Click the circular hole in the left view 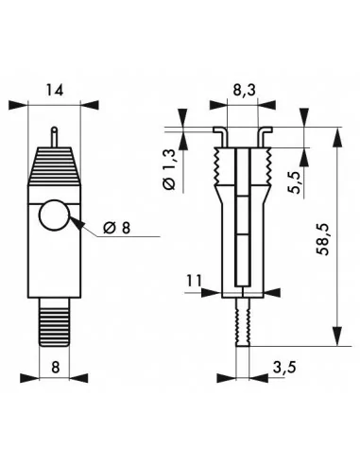pyautogui.click(x=55, y=218)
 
